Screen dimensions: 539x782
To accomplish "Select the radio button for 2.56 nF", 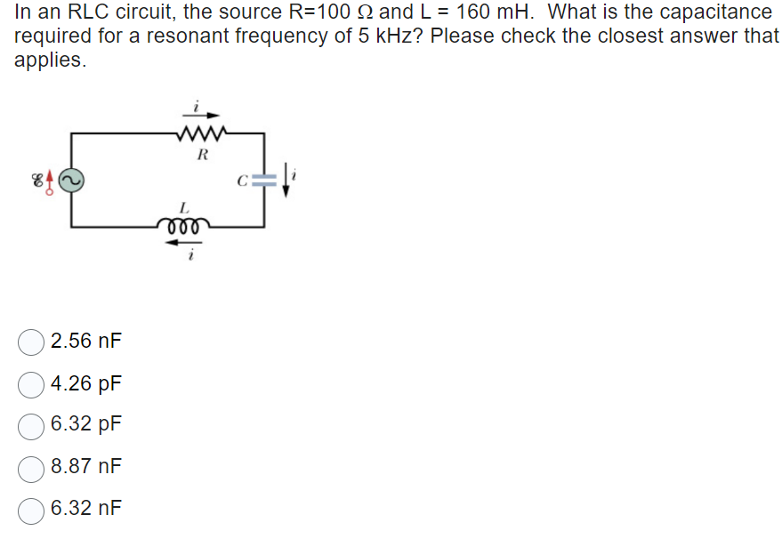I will click(32, 342).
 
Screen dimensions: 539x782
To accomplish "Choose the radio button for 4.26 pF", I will click(32, 384).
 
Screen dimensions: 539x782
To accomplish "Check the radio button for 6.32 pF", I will click(32, 425).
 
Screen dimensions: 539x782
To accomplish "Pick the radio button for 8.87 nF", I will click(32, 467).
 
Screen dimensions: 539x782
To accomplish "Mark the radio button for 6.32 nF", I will click(32, 509).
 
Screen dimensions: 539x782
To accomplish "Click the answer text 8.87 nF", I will click(86, 467).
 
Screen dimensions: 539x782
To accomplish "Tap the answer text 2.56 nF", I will click(86, 342).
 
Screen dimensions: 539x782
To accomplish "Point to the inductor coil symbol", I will click(186, 225).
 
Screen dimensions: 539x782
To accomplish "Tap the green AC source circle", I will click(71, 181).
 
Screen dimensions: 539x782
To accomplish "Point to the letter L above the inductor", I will click(184, 206).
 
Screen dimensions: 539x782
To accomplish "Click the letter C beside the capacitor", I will click(241, 182).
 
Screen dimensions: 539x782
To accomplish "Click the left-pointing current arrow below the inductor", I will click(186, 243).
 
